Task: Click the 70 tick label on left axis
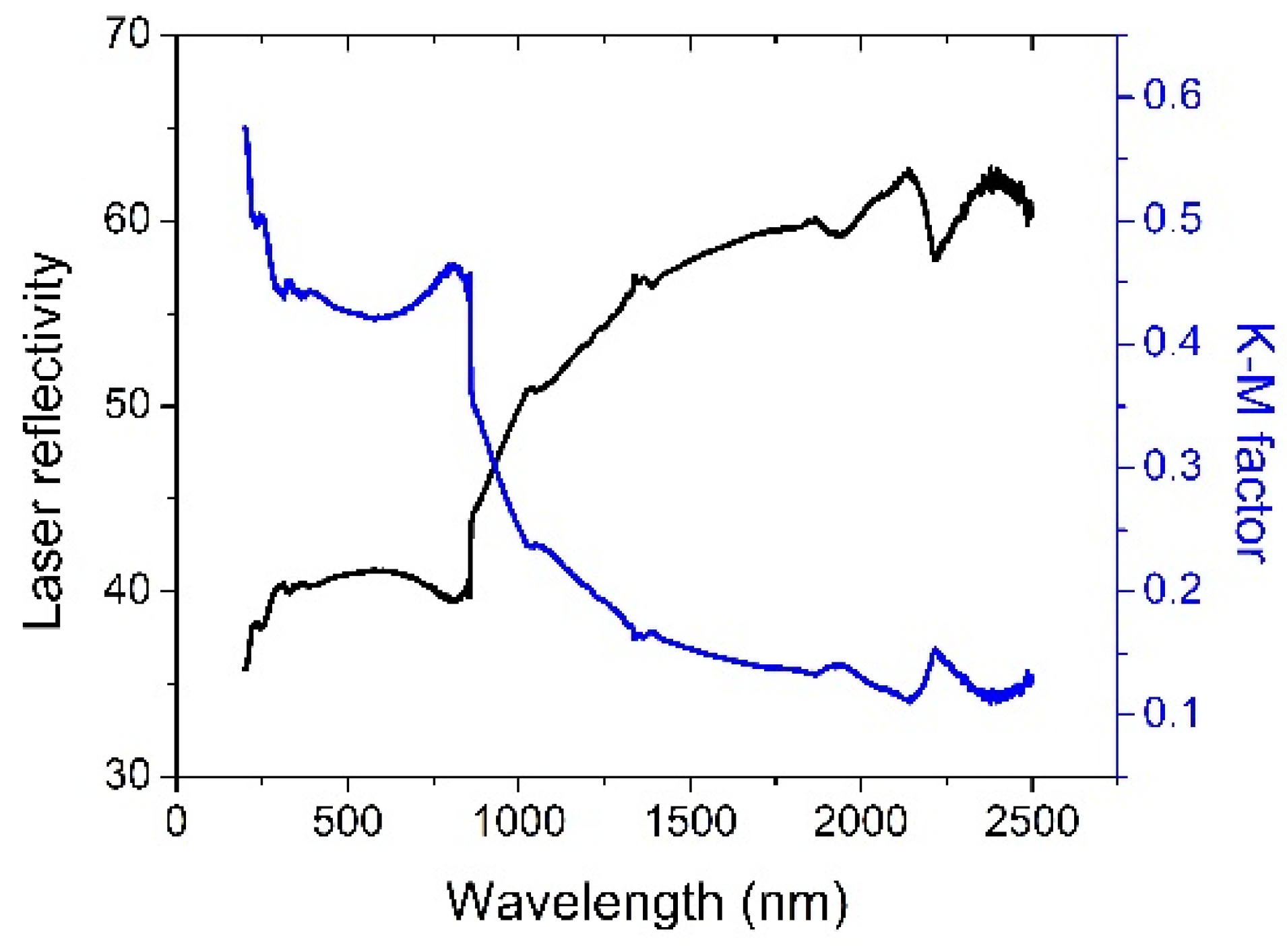(x=128, y=34)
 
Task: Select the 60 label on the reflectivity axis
(x=128, y=220)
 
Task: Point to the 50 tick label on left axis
(x=128, y=406)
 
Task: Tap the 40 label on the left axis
(x=128, y=591)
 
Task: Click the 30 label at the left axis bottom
(x=128, y=776)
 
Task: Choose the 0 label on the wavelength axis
(x=177, y=822)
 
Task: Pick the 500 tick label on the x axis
(x=348, y=822)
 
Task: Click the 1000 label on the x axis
(x=518, y=822)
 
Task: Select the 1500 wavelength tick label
(x=690, y=822)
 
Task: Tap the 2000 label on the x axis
(x=860, y=822)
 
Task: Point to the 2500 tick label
(x=1032, y=822)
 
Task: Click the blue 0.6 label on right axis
(x=1172, y=96)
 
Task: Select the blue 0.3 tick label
(x=1172, y=466)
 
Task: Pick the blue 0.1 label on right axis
(x=1172, y=713)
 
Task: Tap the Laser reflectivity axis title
(x=43, y=441)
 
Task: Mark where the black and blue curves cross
(x=495, y=464)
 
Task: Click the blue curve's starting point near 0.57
(x=245, y=128)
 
